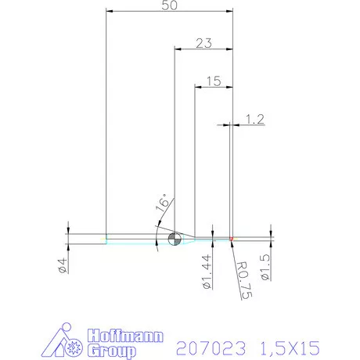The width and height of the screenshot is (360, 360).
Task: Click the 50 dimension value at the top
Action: pos(167,6)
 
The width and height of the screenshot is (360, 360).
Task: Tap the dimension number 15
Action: pos(211,80)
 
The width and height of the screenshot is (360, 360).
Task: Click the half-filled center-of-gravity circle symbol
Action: pos(174,238)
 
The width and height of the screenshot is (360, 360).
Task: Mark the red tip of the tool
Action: pos(232,238)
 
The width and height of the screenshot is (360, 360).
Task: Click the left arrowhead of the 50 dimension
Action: pos(110,12)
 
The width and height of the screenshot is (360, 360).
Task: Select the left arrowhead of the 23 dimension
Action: pos(177,49)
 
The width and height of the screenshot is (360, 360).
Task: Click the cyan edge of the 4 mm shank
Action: pos(133,243)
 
